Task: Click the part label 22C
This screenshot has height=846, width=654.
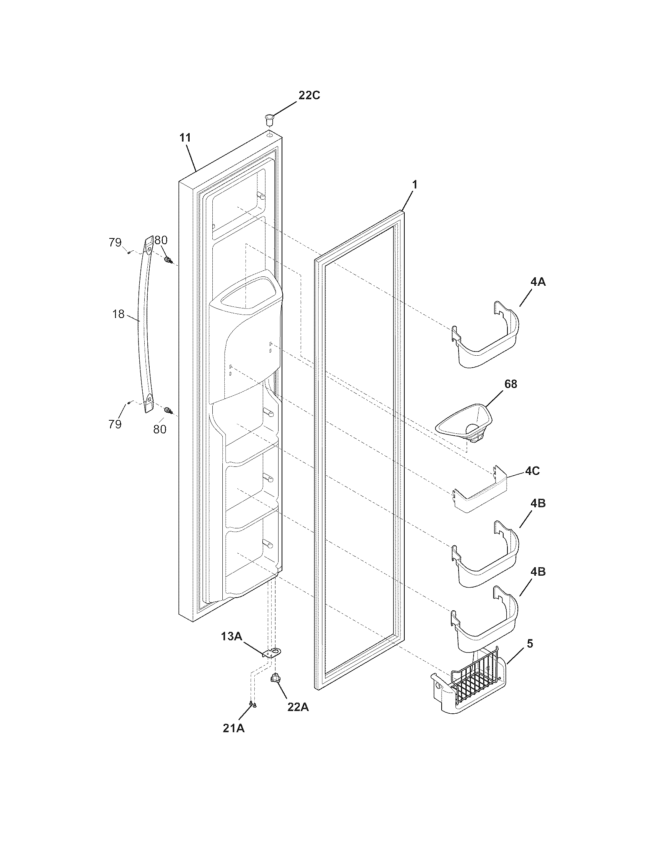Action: point(309,95)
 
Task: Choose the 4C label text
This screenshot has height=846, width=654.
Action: point(532,471)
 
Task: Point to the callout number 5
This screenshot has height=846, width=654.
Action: point(530,644)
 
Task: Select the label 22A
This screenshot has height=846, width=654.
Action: point(298,707)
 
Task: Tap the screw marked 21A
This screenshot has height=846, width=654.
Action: point(252,703)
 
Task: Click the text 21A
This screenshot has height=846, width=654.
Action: point(234,728)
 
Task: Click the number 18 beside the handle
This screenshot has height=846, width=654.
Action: point(118,314)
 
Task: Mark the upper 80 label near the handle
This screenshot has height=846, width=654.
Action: point(161,240)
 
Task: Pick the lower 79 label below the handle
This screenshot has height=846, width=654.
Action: point(115,424)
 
